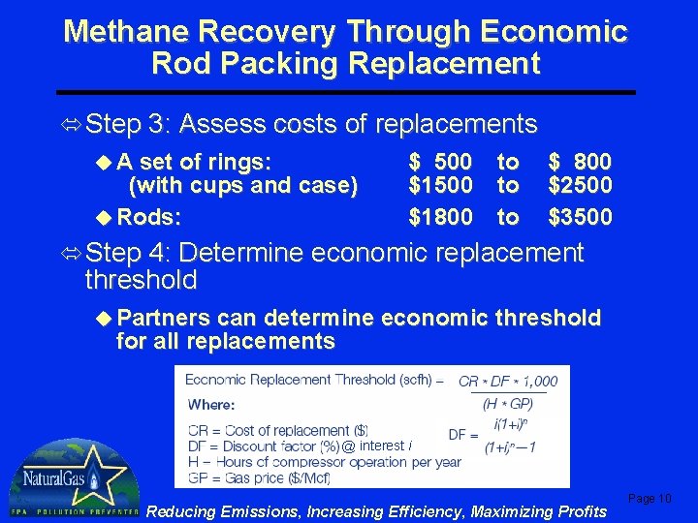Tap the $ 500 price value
[x=441, y=161]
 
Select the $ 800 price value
[x=581, y=161]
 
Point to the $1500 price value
[x=441, y=184]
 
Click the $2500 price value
[x=581, y=184]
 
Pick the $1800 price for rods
[x=441, y=217]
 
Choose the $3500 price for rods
[x=581, y=217]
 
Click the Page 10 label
[x=650, y=498]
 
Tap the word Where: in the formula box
[x=211, y=404]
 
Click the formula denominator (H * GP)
[x=508, y=402]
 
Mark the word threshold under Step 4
[x=141, y=281]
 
